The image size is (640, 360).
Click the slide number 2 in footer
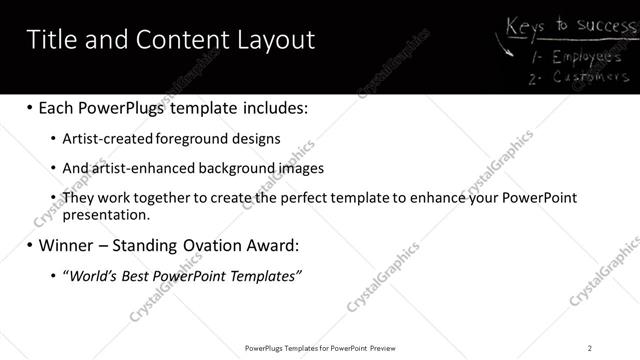[590, 348]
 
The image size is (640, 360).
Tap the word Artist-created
[105, 139]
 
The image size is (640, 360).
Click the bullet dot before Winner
[28, 245]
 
